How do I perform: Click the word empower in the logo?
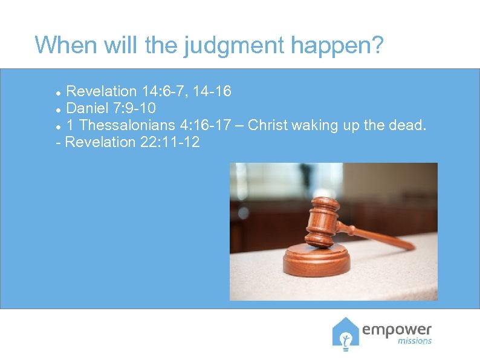point(397,329)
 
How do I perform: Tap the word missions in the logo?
point(414,341)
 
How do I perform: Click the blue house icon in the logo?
point(345,333)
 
